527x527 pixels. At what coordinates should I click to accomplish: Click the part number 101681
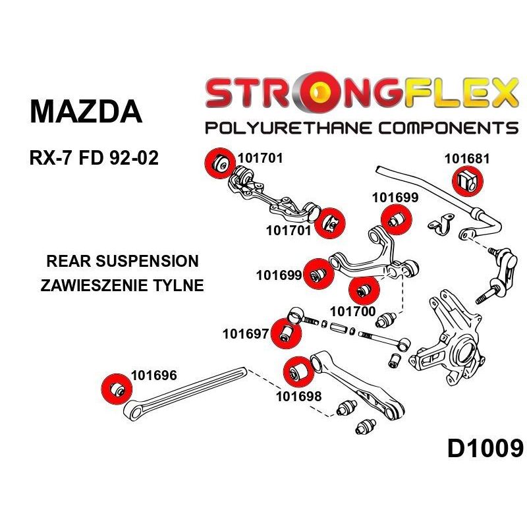pos(467,159)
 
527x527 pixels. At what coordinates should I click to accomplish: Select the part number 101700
pos(352,312)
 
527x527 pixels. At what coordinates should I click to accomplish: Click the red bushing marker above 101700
pos(364,291)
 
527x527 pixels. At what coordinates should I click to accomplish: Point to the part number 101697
pos(245,334)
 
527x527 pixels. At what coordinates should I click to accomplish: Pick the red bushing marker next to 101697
pos(287,333)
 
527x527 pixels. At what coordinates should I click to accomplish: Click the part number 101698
pos(299,397)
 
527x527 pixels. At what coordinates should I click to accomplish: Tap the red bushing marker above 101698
pos(299,372)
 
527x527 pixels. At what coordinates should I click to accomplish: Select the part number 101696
pos(154,375)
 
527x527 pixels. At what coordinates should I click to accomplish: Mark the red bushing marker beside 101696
pos(117,389)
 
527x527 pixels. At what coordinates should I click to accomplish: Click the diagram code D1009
pos(485,449)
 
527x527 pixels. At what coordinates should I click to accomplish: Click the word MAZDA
pos(86,111)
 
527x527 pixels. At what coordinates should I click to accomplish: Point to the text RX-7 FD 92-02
pos(94,157)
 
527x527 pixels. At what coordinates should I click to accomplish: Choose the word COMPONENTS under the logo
pos(449,128)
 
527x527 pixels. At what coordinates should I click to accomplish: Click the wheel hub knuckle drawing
pos(447,339)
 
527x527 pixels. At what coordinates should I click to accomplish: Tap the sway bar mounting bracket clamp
pos(441,223)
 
